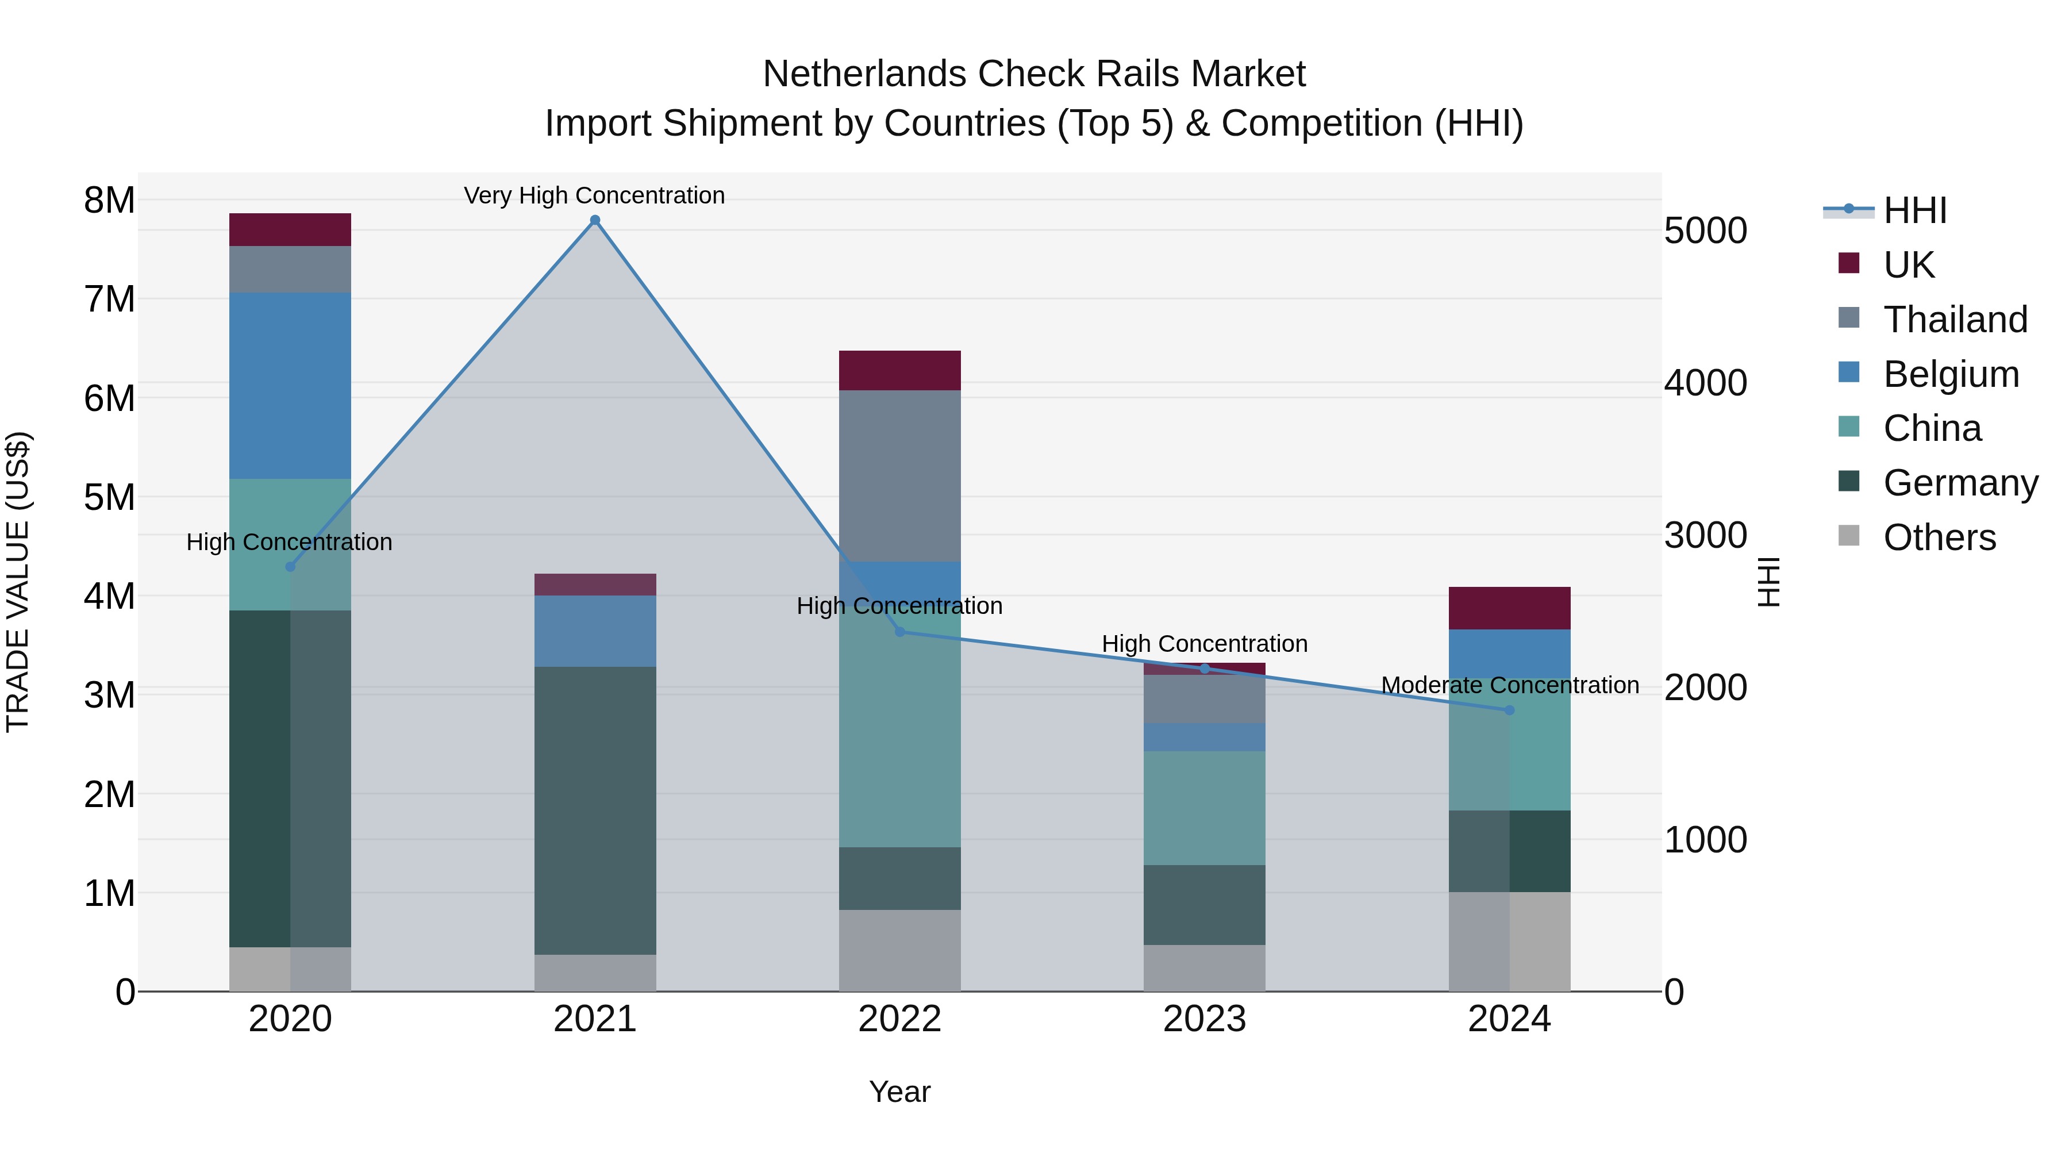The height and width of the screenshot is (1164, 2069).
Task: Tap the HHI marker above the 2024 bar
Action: coord(1509,710)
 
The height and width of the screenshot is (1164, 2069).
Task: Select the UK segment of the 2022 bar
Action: coord(899,370)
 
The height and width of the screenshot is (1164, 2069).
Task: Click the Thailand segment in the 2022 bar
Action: coord(899,475)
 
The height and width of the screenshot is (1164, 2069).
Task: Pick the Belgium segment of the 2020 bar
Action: coord(290,386)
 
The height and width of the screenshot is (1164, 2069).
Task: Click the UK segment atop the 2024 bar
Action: coord(1509,608)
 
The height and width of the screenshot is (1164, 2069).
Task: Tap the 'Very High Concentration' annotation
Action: coord(594,195)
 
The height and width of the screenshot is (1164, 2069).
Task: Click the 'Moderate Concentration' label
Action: coord(1509,685)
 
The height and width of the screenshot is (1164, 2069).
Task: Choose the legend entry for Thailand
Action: coord(1955,319)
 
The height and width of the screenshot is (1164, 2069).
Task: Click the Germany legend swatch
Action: coord(1848,482)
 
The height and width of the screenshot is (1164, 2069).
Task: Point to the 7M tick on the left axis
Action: coord(109,299)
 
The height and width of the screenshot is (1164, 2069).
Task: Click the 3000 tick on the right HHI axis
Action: coord(1705,535)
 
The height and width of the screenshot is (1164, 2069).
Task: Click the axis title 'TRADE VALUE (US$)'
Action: coord(18,582)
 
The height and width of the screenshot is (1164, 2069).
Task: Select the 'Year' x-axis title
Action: coord(899,1092)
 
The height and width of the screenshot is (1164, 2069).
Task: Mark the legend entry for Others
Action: coord(1939,537)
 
